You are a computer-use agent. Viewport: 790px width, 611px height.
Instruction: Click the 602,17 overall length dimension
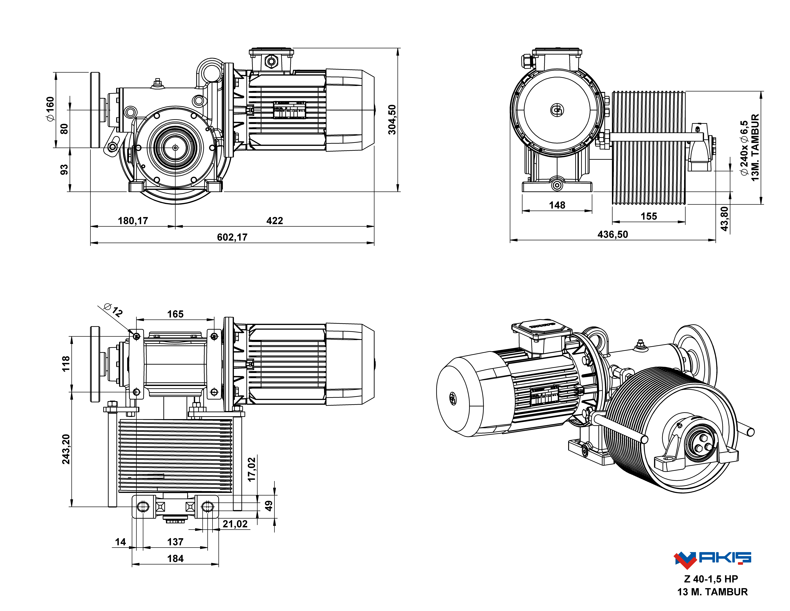pos(232,237)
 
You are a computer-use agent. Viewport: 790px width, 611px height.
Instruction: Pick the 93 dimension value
pos(64,169)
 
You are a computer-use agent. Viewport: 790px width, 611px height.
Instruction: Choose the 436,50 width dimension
pos(613,235)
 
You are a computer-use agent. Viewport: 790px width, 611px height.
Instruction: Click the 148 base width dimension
pos(557,205)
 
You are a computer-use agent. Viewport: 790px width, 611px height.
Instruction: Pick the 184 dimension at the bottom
pos(175,558)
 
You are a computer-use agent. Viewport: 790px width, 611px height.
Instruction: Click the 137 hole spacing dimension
pos(175,542)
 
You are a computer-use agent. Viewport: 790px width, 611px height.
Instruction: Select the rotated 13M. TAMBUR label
pos(755,147)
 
